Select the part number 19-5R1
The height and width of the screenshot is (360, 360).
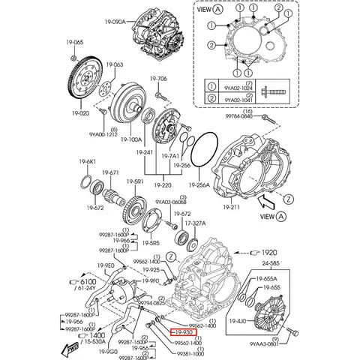coord(135,182)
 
